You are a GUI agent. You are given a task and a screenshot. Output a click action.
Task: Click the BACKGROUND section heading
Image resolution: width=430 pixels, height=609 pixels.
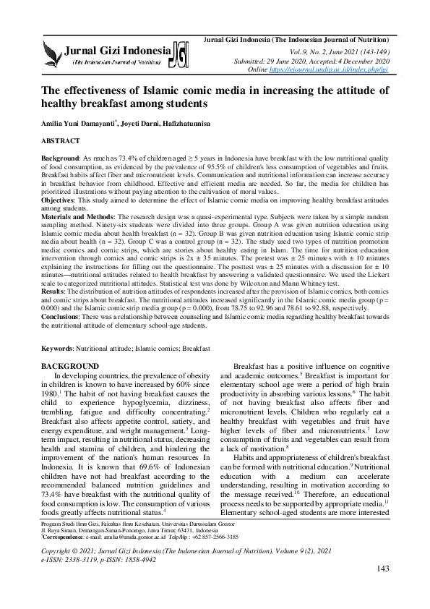pyautogui.click(x=72, y=367)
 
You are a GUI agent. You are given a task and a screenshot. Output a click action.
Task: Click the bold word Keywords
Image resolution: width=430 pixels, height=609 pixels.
pyautogui.click(x=59, y=349)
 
